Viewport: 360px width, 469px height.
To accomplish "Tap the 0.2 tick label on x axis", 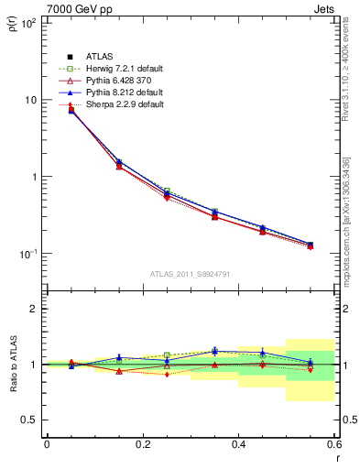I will [142, 444].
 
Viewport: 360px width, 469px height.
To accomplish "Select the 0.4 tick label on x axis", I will [238, 444].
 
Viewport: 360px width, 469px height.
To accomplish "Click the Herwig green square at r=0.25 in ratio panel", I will [167, 354].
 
